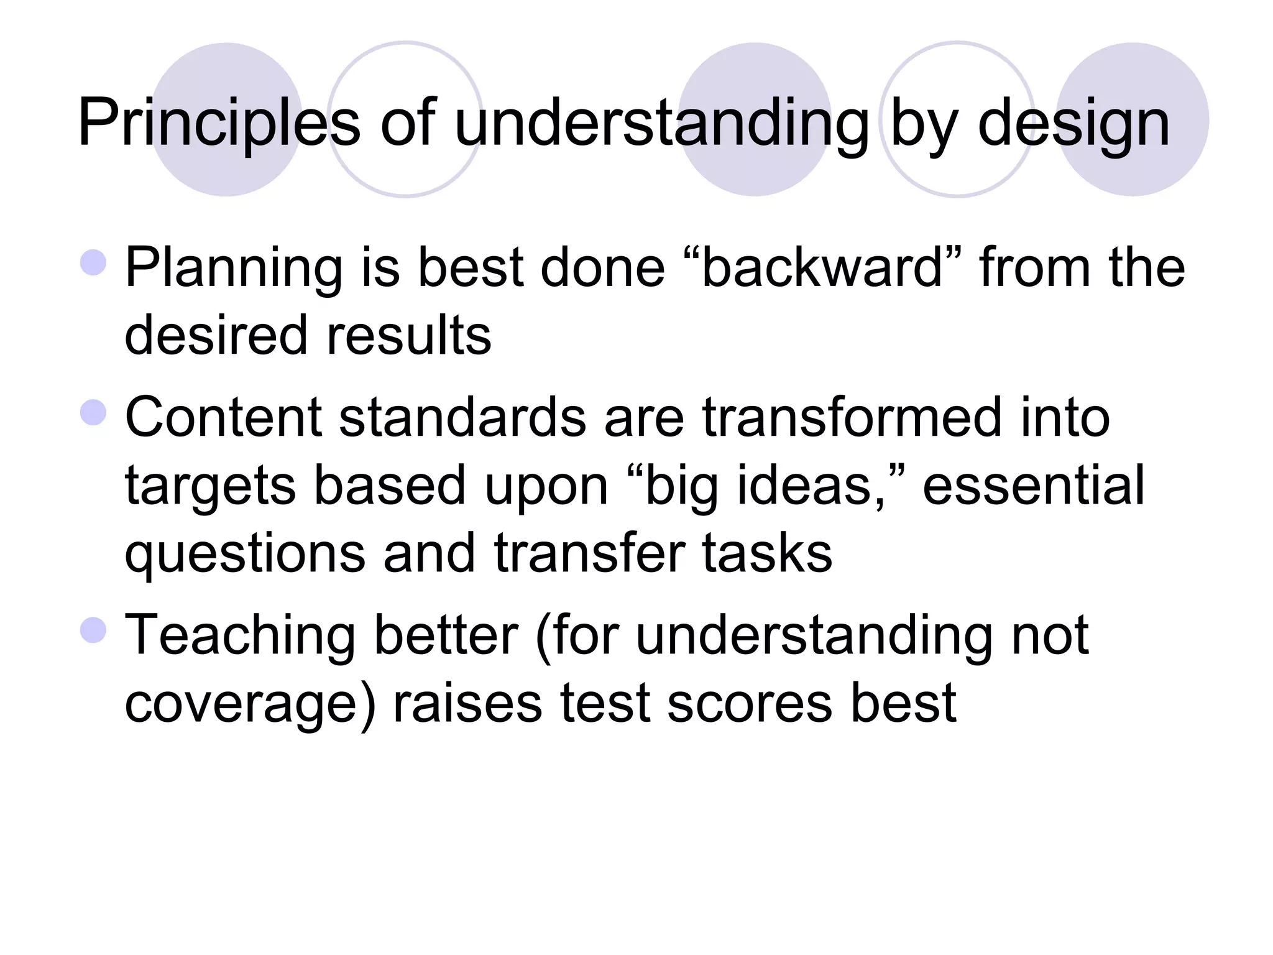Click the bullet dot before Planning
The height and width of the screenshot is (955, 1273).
pyautogui.click(x=94, y=262)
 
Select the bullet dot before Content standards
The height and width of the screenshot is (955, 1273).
pyautogui.click(x=94, y=412)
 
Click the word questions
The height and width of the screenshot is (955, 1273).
pyautogui.click(x=245, y=554)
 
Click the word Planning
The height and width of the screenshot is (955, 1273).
pyautogui.click(x=234, y=269)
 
